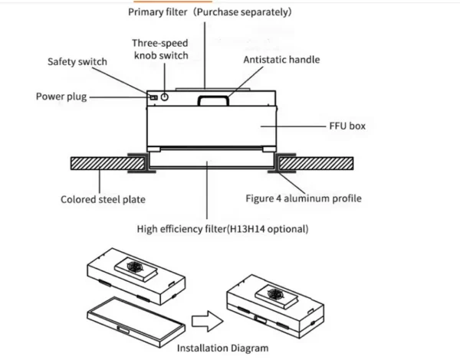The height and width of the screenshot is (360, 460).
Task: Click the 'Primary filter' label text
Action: pyautogui.click(x=157, y=12)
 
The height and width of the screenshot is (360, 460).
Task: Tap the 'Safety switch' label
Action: pyautogui.click(x=77, y=62)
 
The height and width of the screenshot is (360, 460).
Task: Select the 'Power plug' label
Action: pyautogui.click(x=61, y=97)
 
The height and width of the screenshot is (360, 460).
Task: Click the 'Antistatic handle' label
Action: pyautogui.click(x=281, y=60)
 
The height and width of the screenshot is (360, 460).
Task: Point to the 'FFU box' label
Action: pyautogui.click(x=347, y=126)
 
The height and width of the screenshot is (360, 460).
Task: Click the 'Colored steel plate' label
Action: pyautogui.click(x=103, y=200)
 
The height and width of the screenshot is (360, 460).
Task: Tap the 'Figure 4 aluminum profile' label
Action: pyautogui.click(x=304, y=198)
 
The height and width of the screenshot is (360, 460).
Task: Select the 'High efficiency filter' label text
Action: pyautogui.click(x=181, y=229)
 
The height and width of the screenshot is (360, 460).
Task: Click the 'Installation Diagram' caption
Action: pyautogui.click(x=222, y=348)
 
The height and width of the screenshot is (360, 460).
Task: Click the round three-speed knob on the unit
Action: pyautogui.click(x=165, y=97)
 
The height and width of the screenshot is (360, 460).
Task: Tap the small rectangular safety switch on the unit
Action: pyautogui.click(x=154, y=97)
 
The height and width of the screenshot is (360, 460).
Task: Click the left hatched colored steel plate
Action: pyautogui.click(x=108, y=164)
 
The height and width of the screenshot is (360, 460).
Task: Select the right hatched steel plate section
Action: pyautogui.click(x=316, y=164)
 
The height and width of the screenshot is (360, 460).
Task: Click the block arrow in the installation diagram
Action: pyautogui.click(x=208, y=321)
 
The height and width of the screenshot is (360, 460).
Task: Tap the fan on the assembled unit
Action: pyautogui.click(x=275, y=294)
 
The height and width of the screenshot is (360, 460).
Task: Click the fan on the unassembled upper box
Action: pyautogui.click(x=135, y=267)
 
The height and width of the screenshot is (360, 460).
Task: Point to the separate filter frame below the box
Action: pyautogui.click(x=136, y=322)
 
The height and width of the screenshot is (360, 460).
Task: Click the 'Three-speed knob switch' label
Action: pyautogui.click(x=160, y=49)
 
